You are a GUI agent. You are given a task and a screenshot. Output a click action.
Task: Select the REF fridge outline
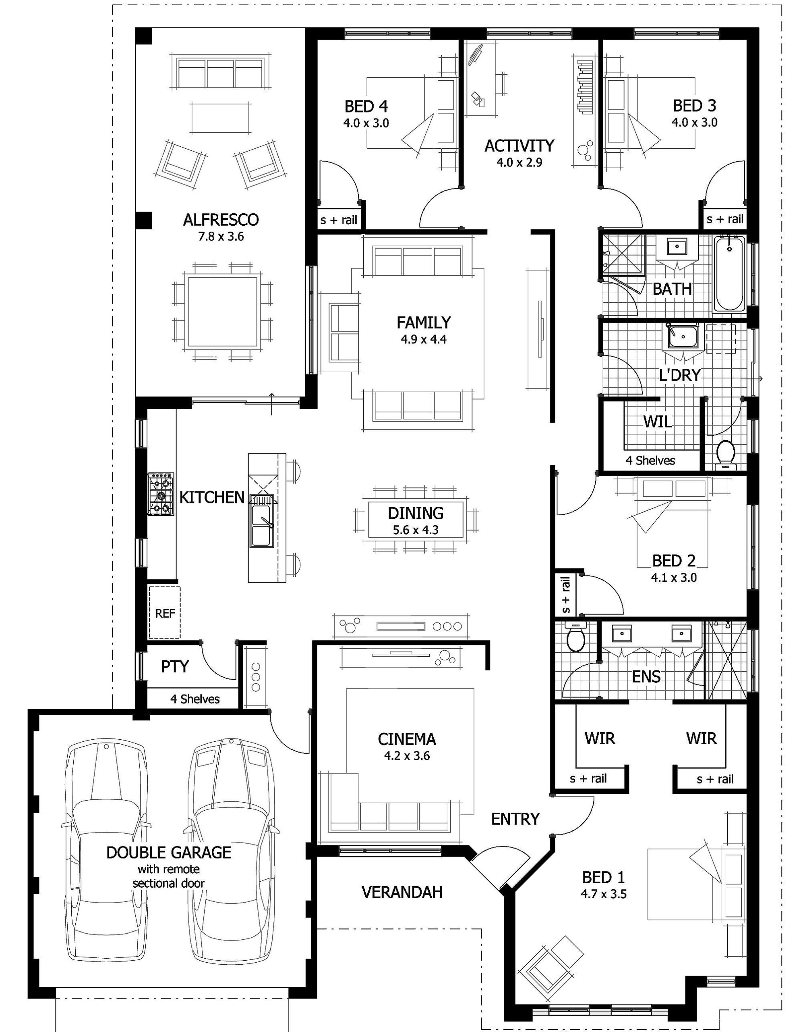[x=165, y=612]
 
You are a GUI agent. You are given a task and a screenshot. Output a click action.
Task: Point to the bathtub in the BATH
[x=729, y=275]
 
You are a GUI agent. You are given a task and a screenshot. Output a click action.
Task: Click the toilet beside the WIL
[x=725, y=454]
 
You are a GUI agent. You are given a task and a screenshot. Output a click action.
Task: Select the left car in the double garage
[x=106, y=851]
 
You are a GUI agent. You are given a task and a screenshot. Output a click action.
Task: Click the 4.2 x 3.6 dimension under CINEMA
[x=406, y=755]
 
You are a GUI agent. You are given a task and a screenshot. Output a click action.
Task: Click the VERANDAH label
[x=402, y=892]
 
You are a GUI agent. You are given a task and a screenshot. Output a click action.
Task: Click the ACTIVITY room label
[x=519, y=146]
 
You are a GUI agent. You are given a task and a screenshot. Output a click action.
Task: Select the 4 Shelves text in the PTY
[x=195, y=699]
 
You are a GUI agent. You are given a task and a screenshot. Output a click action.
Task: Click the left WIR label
[x=600, y=738]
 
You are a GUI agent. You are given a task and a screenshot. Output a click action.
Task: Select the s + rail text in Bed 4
[x=339, y=220]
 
